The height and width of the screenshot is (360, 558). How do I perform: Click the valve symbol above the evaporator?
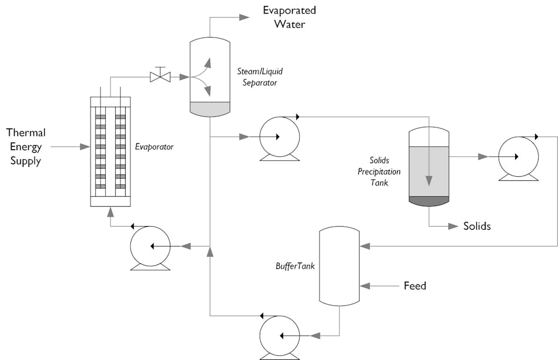pyautogui.click(x=160, y=76)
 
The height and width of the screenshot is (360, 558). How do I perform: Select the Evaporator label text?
pyautogui.click(x=154, y=147)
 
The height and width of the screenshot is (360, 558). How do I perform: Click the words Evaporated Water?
pyautogui.click(x=289, y=17)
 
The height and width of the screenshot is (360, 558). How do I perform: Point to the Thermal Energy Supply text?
pyautogui.click(x=26, y=147)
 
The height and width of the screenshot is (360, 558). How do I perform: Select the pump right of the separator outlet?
pyautogui.click(x=279, y=137)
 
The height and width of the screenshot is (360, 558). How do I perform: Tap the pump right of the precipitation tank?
pyautogui.click(x=517, y=157)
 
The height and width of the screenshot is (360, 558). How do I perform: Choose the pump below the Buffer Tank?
pyautogui.click(x=280, y=336)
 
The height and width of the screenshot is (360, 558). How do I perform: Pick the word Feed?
pyautogui.click(x=415, y=286)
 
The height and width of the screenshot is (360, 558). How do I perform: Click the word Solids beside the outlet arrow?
pyautogui.click(x=476, y=226)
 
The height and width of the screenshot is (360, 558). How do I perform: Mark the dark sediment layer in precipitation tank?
pyautogui.click(x=429, y=200)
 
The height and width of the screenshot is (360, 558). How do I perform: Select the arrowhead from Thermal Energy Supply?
pyautogui.click(x=85, y=147)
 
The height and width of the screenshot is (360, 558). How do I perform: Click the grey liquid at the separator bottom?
pyautogui.click(x=210, y=109)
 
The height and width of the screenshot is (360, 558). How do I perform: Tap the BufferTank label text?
pyautogui.click(x=295, y=266)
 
